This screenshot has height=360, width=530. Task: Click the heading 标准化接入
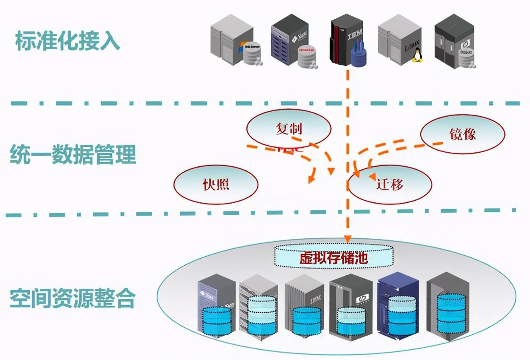[67, 41]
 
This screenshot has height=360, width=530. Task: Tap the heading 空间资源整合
[73, 298]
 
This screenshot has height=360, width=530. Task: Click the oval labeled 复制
[289, 129]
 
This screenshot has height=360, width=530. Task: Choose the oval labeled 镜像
[463, 134]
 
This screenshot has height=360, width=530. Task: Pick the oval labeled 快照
[216, 184]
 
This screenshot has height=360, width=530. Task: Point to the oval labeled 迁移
[390, 184]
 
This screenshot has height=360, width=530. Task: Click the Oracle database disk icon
[306, 56]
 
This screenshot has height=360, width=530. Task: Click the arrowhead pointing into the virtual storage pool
[348, 239]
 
